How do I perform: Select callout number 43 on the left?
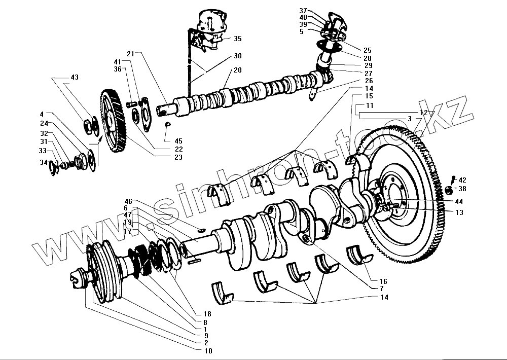tap(75, 77)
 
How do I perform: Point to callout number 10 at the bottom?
tap(208, 351)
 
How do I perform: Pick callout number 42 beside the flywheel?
tap(462, 180)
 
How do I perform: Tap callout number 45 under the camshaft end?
tap(178, 141)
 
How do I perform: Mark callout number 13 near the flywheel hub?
tap(459, 213)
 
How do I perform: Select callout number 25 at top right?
tap(368, 50)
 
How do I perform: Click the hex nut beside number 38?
tap(449, 191)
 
